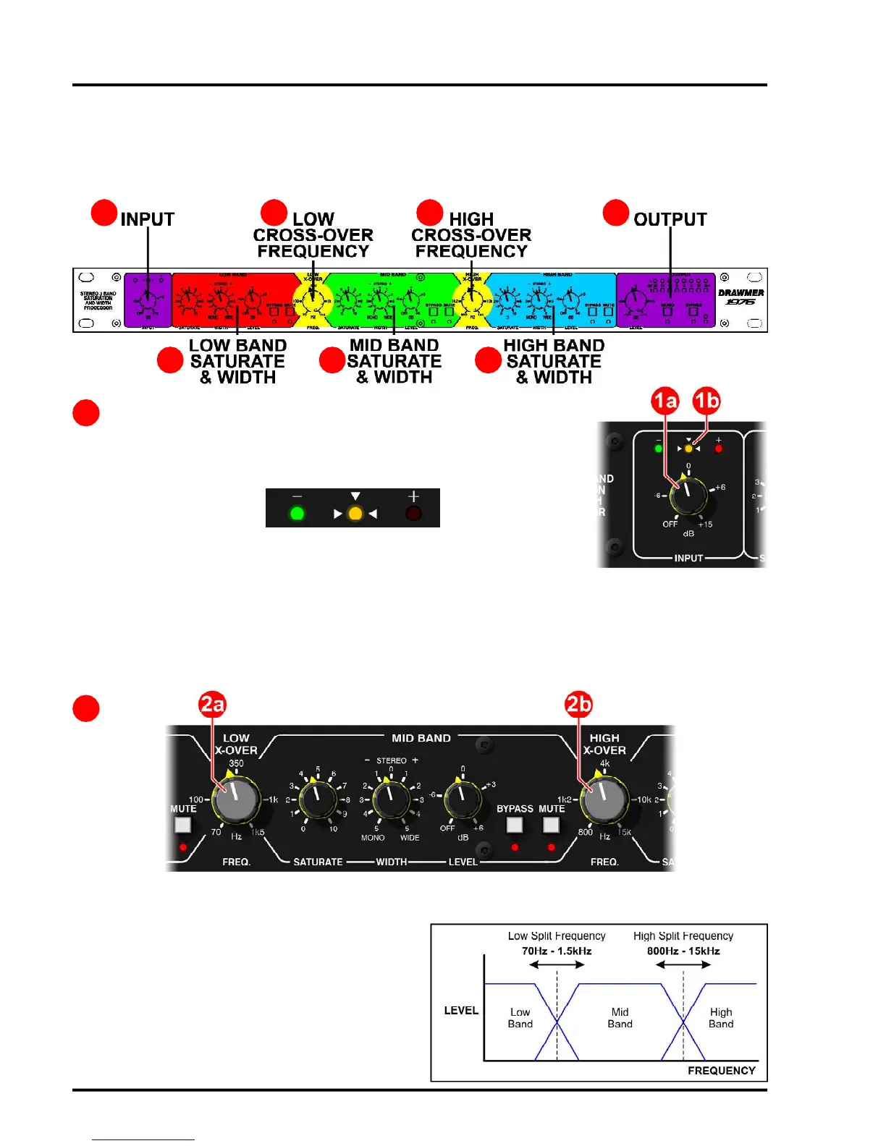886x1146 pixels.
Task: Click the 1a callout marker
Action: [x=665, y=401]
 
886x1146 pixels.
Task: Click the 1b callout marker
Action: [x=706, y=401]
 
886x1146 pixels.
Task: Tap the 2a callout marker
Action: [x=213, y=704]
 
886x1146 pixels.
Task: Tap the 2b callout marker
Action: [x=578, y=704]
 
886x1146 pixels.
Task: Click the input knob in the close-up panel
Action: [x=688, y=496]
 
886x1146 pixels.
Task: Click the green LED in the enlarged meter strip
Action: [x=297, y=514]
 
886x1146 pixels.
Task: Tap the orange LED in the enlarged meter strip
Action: [x=355, y=514]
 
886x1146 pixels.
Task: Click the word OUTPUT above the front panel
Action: [x=670, y=219]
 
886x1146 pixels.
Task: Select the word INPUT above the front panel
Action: [x=148, y=219]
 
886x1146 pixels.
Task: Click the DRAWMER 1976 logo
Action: [x=741, y=297]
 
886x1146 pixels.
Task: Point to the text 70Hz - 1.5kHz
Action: [x=557, y=951]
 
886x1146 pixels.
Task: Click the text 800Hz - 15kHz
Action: [x=683, y=951]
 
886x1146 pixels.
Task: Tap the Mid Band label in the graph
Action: [x=620, y=1018]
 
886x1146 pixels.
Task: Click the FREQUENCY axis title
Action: [x=721, y=1070]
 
